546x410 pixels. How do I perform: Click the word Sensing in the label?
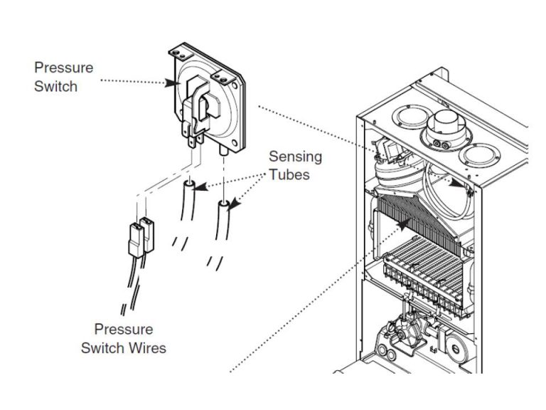[294, 156]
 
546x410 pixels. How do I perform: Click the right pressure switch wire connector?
[148, 232]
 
